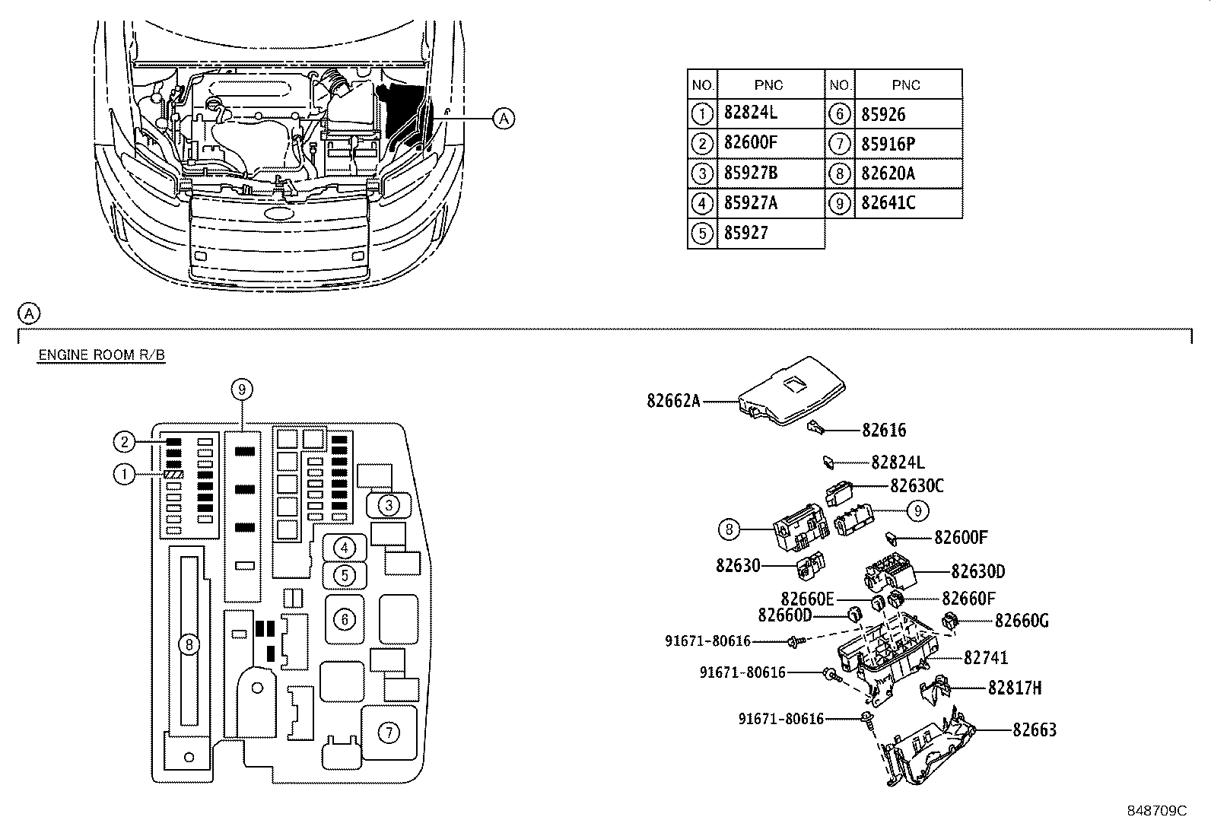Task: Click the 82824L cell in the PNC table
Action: tap(750, 113)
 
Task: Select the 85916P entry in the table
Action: tap(888, 144)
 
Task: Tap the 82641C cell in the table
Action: tap(888, 203)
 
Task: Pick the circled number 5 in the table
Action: tap(702, 233)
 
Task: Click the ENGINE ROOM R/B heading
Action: tap(102, 354)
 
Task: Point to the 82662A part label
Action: tap(673, 401)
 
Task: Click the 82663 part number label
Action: tap(1035, 730)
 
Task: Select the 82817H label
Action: tap(1014, 688)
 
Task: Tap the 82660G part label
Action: tap(1022, 620)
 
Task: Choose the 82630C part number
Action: tap(917, 485)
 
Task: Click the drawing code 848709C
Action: tap(1156, 811)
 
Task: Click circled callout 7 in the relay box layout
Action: tap(389, 733)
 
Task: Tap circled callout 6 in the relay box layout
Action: tap(345, 620)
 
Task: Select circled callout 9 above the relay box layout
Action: tap(242, 389)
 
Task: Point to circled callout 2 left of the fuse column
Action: tap(124, 442)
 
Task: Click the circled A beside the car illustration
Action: tap(504, 118)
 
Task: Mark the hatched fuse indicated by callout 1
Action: tap(174, 474)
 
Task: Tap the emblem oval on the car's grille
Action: tap(278, 212)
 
